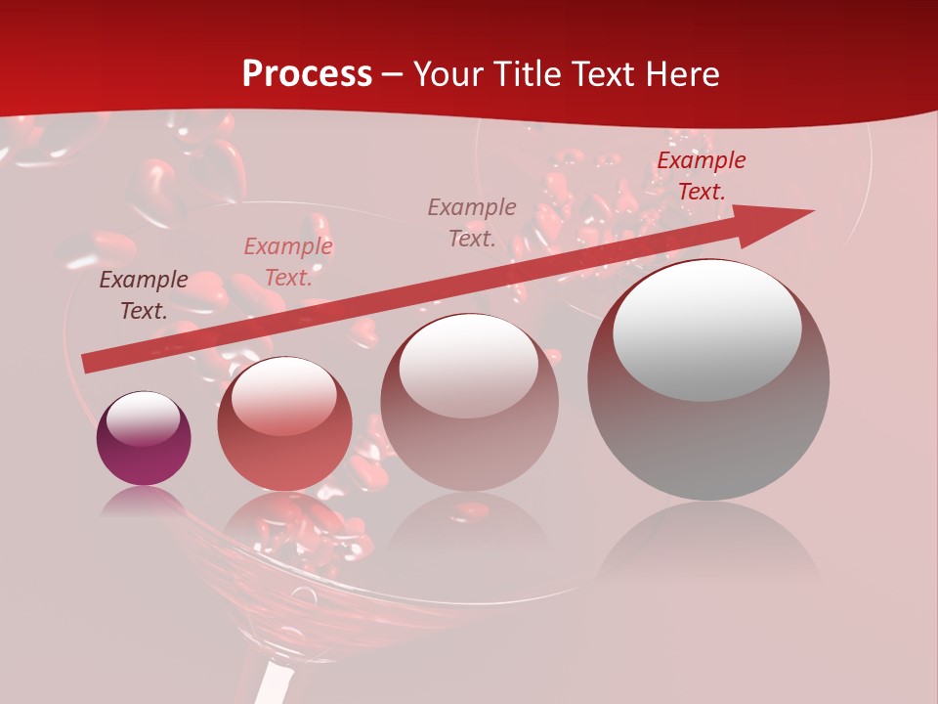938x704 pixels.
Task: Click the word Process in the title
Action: (307, 73)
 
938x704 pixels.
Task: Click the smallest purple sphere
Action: (144, 439)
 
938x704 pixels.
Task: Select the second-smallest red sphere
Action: (284, 423)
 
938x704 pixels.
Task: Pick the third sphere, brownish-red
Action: (469, 402)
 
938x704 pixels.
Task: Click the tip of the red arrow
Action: (811, 211)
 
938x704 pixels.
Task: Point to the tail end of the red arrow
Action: (85, 364)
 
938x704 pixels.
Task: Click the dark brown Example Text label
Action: (144, 295)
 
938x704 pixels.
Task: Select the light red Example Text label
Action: (288, 262)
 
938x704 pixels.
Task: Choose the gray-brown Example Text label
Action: (472, 222)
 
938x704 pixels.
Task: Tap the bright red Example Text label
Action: (701, 176)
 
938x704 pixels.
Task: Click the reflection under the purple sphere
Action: (144, 504)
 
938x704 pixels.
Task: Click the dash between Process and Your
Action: (393, 75)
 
